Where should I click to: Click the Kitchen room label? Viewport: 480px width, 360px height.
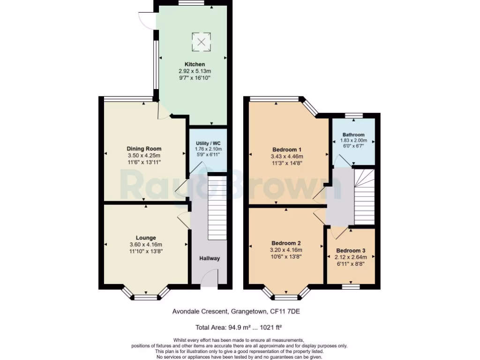coord(195,64)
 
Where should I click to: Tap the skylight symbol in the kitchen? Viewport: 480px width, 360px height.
coord(201,42)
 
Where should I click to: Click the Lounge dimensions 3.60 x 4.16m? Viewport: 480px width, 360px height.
coord(146,245)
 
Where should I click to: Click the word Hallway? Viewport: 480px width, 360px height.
coord(210,259)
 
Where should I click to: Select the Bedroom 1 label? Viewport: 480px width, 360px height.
coord(287,150)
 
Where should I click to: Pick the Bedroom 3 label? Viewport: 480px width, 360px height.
coord(351,250)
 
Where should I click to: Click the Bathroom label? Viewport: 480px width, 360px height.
coord(353,135)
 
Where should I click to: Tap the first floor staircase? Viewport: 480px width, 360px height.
coord(365,197)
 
